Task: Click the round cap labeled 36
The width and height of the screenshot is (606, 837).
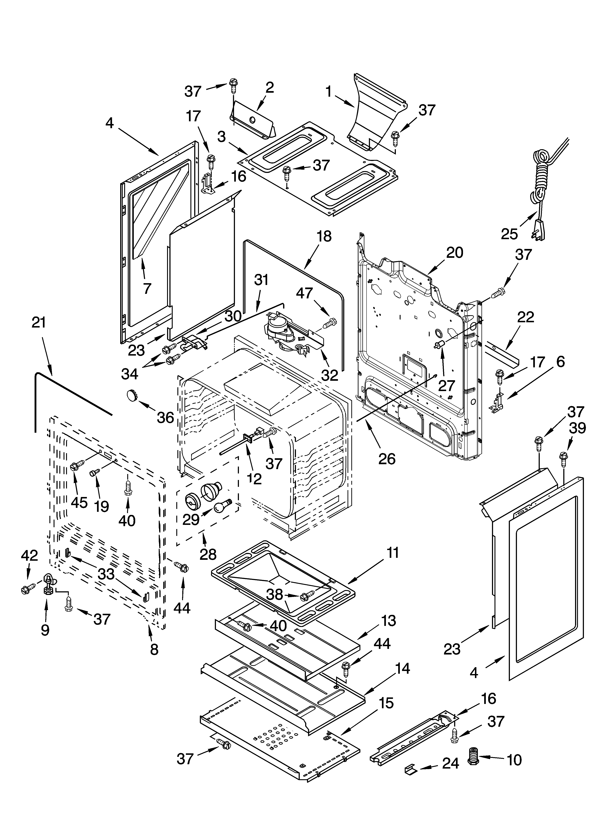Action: pyautogui.click(x=131, y=395)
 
